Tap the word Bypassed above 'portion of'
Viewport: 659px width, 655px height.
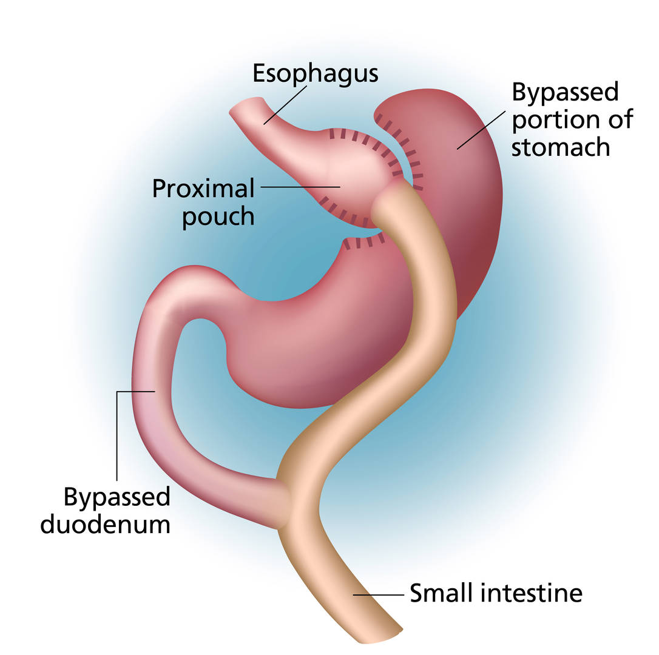pyautogui.click(x=566, y=92)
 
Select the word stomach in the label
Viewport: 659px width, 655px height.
pyautogui.click(x=561, y=147)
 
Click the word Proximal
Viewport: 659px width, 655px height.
pyautogui.click(x=203, y=188)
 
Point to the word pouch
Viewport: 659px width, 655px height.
pyautogui.click(x=218, y=217)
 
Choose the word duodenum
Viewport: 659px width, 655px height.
pyautogui.click(x=105, y=524)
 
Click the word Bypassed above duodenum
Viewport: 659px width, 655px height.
pyautogui.click(x=117, y=497)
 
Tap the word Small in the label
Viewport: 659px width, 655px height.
pyautogui.click(x=443, y=593)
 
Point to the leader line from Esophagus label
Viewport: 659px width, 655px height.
pyautogui.click(x=285, y=105)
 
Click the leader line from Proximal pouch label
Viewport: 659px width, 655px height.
pyautogui.click(x=300, y=187)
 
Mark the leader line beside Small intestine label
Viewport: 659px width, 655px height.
pyautogui.click(x=378, y=594)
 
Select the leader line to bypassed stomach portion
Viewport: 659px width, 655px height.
pyautogui.click(x=481, y=130)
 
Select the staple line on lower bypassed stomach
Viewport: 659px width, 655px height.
pyautogui.click(x=363, y=243)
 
